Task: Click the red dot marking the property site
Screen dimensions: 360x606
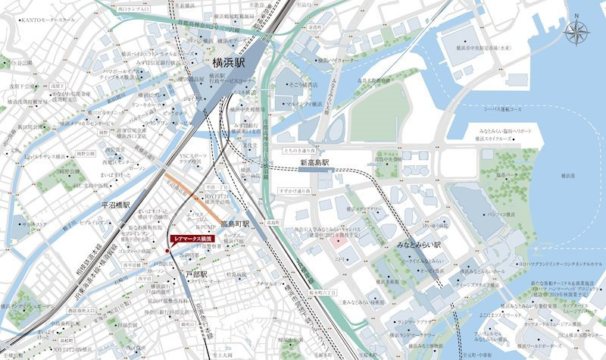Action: coord(167,251)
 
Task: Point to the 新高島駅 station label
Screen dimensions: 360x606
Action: coord(314,163)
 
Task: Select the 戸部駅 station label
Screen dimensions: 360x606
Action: coord(195,268)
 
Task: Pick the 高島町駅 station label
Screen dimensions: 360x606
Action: coord(236,224)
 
